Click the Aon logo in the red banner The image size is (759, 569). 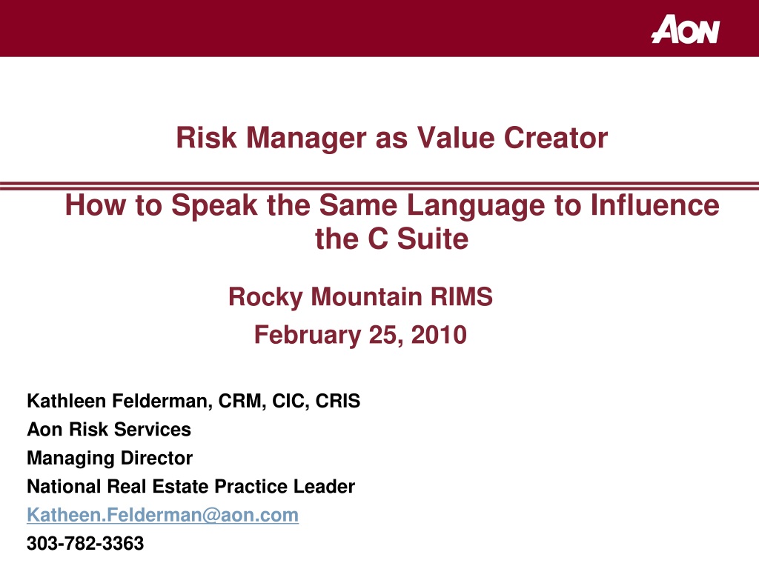[x=686, y=29]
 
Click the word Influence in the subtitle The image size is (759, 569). [x=655, y=205]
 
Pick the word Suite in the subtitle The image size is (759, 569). [x=433, y=239]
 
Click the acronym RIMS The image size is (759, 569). [x=462, y=296]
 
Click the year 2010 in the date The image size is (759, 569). [x=439, y=335]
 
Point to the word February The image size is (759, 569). [x=308, y=336]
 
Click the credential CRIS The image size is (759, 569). [x=338, y=401]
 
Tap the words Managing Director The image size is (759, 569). [x=110, y=459]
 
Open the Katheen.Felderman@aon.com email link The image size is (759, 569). [x=162, y=516]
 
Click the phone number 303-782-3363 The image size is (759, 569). [x=85, y=544]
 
